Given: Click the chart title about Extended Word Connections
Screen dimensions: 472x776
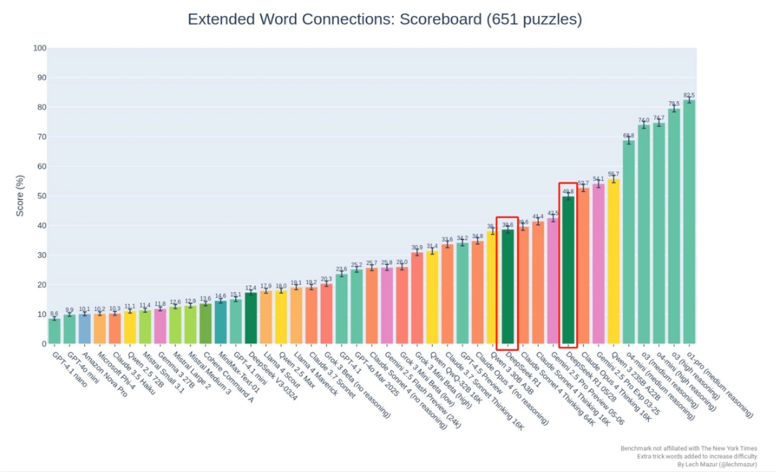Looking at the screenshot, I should (384, 19).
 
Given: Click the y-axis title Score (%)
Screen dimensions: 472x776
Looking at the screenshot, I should (20, 195).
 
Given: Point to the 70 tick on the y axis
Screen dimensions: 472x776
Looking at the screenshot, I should (41, 137).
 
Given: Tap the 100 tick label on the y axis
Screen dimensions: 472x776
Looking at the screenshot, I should (40, 48).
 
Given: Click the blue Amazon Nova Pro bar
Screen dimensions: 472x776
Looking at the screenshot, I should (84, 329).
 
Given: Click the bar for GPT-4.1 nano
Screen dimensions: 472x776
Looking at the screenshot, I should (54, 331).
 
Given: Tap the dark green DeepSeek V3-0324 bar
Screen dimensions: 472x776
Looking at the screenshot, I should (251, 318).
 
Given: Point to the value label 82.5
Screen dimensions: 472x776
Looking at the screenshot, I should (689, 95).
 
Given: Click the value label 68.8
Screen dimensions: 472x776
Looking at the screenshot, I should (628, 135).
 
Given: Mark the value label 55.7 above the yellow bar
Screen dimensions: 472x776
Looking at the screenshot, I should (613, 174).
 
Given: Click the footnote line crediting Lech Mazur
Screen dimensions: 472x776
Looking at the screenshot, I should (717, 464).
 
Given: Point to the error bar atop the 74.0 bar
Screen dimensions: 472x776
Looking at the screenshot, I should (643, 126).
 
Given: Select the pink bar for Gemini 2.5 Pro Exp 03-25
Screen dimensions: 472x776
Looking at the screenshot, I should (598, 264).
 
